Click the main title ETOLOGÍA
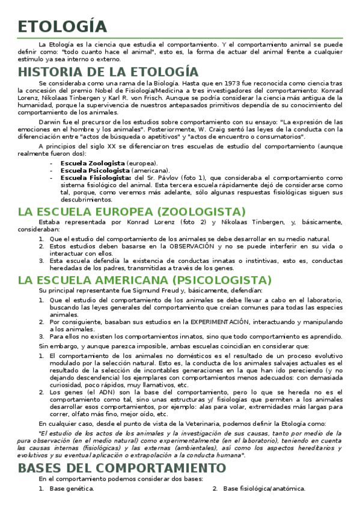click(x=63, y=26)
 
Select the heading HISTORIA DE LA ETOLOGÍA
click(x=108, y=72)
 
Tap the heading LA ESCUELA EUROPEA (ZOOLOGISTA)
click(x=132, y=212)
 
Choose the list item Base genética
click(x=72, y=488)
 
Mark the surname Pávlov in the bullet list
click(x=163, y=177)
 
